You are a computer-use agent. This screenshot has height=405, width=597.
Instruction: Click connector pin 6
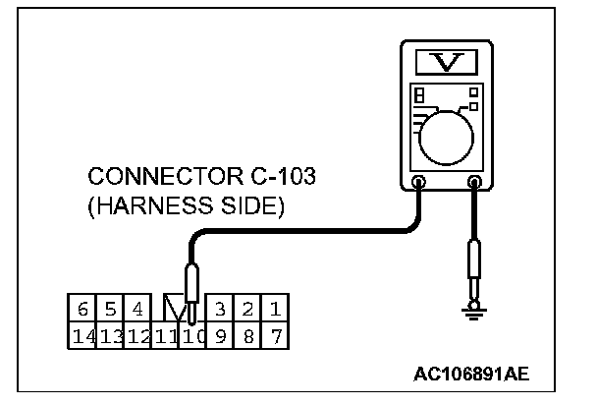coord(82,310)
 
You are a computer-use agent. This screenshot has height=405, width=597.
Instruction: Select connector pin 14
coord(82,335)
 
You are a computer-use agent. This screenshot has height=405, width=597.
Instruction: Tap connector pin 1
coord(276,310)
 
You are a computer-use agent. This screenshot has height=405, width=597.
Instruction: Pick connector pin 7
coord(276,335)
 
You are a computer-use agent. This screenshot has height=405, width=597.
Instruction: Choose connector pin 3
coord(222,310)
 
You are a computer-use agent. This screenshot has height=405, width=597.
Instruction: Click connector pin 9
coord(222,335)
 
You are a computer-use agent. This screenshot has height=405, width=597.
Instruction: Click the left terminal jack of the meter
coord(419,182)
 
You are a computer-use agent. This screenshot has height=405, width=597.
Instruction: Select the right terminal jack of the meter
coord(476,182)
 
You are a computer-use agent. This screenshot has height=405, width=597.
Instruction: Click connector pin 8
coord(248,335)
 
